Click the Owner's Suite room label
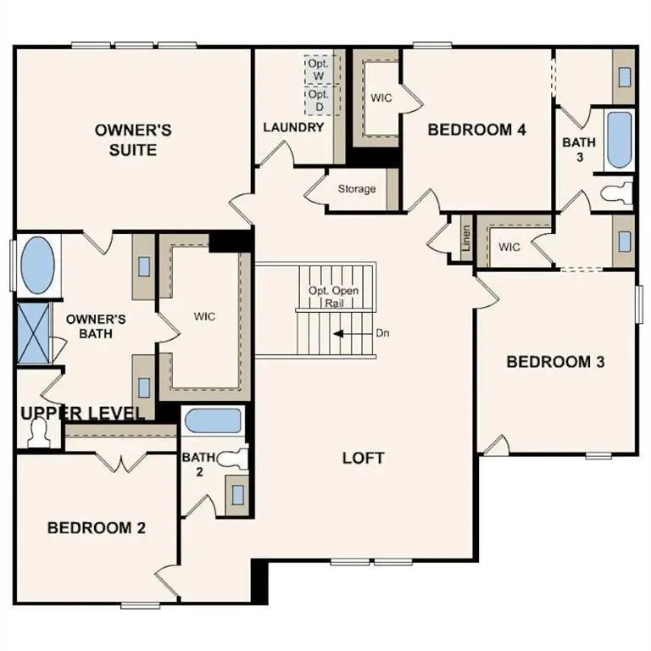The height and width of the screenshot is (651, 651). pos(133,140)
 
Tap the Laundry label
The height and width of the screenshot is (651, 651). pos(293,128)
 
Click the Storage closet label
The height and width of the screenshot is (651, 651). pos(356,189)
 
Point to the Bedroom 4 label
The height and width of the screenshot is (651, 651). pos(477,130)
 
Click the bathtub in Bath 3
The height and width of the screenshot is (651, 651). pos(619,139)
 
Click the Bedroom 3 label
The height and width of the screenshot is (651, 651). pos(555,362)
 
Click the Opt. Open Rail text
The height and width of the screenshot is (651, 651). pos(333,297)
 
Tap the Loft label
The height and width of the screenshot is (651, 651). pos(364,458)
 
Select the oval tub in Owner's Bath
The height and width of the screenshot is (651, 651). pos(36,265)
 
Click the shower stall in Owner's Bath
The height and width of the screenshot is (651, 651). pos(34,332)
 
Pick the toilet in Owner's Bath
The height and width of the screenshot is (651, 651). pos(39,433)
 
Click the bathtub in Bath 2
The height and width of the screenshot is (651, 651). pos(213,421)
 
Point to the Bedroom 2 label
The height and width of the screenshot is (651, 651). pos(96,527)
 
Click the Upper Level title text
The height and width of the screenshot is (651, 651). pos(82,413)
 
